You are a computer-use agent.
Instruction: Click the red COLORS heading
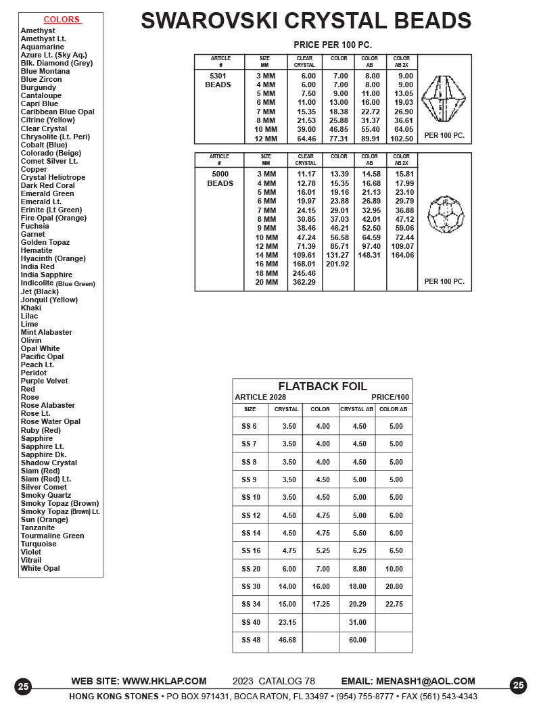click(62, 20)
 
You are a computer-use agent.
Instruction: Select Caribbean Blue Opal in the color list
click(57, 112)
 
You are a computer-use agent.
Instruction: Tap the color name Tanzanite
click(38, 527)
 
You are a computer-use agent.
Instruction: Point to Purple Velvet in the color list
click(44, 381)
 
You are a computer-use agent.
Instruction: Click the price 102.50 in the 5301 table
click(402, 139)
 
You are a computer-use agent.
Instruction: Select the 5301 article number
click(218, 76)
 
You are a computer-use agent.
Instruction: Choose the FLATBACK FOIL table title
click(323, 387)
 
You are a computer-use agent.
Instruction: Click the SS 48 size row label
click(250, 640)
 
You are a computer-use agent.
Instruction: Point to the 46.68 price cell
click(287, 640)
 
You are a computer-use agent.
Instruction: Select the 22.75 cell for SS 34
click(394, 604)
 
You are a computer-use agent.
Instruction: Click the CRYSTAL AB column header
click(356, 409)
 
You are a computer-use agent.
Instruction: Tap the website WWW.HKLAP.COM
click(164, 681)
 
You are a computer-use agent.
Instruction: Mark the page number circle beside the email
click(518, 686)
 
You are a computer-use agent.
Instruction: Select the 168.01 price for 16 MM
click(304, 264)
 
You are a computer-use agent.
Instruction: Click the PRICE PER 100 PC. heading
click(333, 45)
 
